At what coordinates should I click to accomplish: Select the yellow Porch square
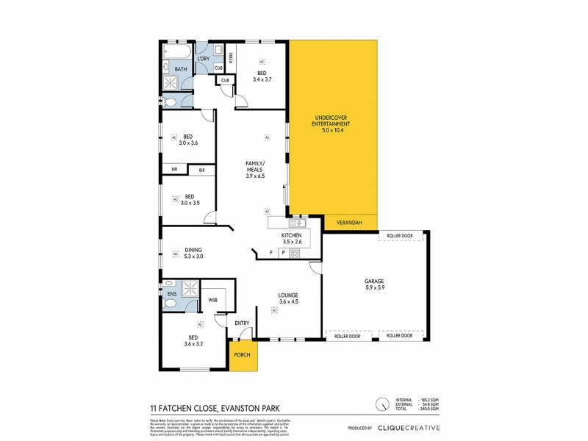point(242,355)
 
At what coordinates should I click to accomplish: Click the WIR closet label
point(212,300)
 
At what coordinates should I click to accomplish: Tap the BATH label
point(181,70)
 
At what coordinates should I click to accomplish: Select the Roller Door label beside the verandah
point(397,236)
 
